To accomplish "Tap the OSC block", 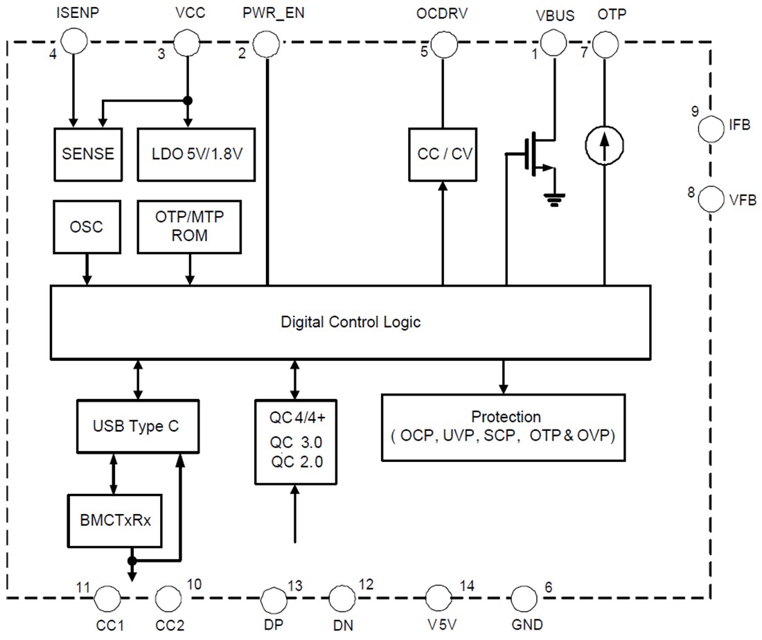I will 87,227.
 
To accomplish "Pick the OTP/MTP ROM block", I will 190,227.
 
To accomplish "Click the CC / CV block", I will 442,153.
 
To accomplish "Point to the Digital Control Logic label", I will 351,322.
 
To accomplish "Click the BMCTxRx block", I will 114,519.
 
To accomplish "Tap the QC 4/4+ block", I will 296,441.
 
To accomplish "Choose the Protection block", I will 504,427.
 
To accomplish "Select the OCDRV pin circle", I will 442,46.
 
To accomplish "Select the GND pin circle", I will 524,597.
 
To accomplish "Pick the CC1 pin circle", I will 106,597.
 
